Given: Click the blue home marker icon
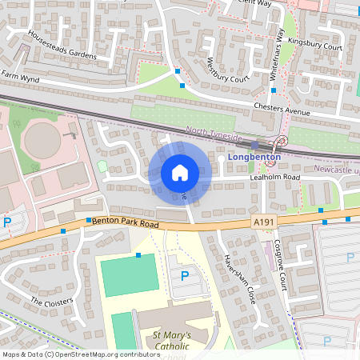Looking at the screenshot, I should (180, 172).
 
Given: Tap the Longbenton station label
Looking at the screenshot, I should (251, 158).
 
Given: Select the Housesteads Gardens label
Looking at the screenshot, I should (60, 46).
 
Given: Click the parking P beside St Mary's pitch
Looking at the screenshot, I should (185, 276).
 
